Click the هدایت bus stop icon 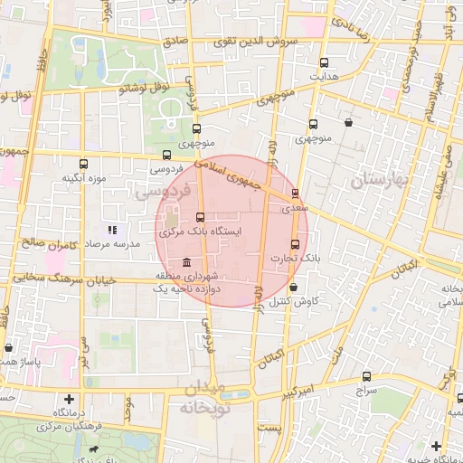click(325, 63)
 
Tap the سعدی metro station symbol click(295, 194)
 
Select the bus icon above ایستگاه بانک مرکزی click(200, 217)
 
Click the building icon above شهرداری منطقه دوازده click(186, 262)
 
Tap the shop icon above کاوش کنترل click(293, 287)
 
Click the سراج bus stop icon click(366, 376)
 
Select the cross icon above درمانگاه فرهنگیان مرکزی click(69, 399)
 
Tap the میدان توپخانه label click(210, 398)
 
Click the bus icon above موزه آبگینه click(84, 165)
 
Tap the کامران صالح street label click(48, 244)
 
